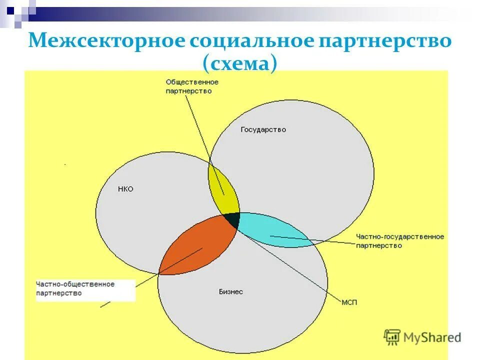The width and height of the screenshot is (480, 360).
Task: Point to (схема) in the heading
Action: [239, 64]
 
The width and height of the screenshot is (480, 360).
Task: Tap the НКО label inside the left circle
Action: [125, 189]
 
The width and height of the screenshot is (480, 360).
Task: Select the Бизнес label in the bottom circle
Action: [231, 291]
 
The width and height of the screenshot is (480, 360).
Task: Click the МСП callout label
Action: [349, 303]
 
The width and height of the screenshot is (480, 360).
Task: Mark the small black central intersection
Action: [231, 219]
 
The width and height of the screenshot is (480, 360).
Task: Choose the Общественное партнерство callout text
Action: [192, 86]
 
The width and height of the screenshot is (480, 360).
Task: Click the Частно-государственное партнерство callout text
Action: [399, 240]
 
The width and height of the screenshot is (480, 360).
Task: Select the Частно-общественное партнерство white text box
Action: [85, 289]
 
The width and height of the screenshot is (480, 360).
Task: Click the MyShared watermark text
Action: [432, 337]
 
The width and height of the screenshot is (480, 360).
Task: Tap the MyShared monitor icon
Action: [392, 337]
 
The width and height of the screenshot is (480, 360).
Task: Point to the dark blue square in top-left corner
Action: [10, 8]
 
